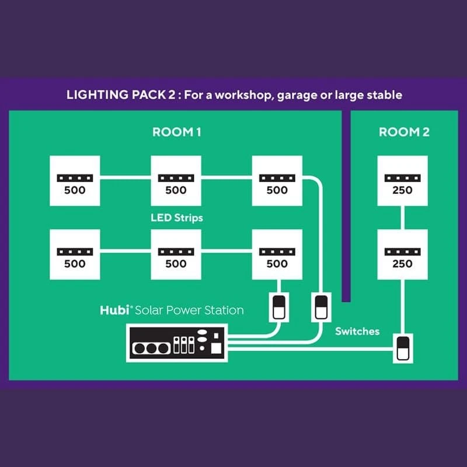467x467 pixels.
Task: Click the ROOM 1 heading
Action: tap(177, 132)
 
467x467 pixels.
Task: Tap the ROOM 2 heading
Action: tap(404, 132)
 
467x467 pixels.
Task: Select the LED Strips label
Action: tap(176, 218)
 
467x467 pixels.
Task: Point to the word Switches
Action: tap(357, 331)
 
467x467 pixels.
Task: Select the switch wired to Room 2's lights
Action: tap(403, 348)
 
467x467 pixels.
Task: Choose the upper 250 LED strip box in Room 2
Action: tap(403, 181)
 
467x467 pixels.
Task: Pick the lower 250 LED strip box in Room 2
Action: tap(403, 255)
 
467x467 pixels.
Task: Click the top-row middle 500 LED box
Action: tap(176, 181)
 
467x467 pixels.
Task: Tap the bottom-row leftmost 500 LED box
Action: tap(75, 255)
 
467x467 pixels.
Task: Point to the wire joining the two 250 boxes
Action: tap(403, 218)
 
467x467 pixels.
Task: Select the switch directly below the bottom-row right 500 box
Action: tap(277, 306)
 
